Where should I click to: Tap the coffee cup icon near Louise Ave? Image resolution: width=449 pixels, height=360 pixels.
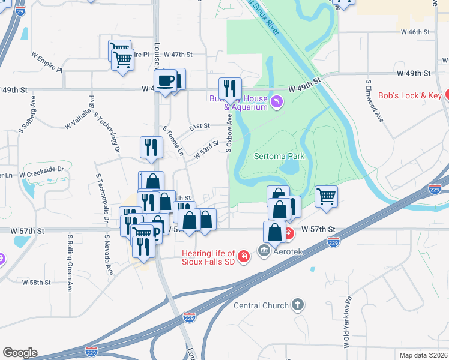click(x=166, y=80)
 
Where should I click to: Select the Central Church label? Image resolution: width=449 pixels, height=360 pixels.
click(x=261, y=305)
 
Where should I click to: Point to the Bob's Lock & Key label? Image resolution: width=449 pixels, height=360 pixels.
click(x=410, y=95)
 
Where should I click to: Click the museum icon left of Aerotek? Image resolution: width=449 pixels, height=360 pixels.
click(x=264, y=250)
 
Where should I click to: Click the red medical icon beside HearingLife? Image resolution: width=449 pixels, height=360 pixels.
click(x=244, y=257)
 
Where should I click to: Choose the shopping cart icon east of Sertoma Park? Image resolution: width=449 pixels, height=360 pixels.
click(x=326, y=196)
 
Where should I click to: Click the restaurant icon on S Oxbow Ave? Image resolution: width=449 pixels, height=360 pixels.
click(x=230, y=88)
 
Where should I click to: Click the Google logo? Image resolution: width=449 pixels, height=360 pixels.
click(x=20, y=353)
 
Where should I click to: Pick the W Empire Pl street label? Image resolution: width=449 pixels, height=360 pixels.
click(x=47, y=61)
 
